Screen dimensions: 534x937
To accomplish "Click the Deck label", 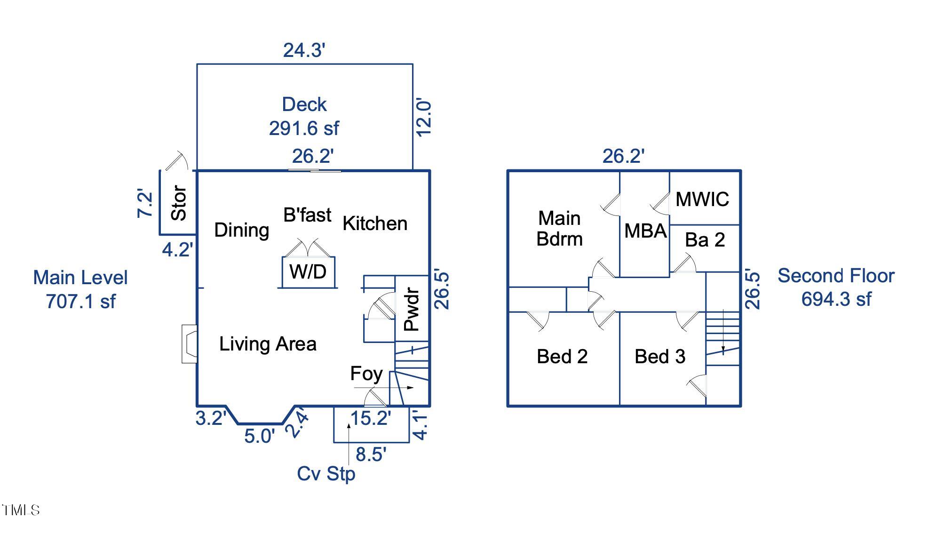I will pyautogui.click(x=304, y=104).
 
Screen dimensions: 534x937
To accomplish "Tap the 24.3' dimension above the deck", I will pyautogui.click(x=304, y=50).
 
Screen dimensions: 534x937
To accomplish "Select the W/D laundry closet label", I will pyautogui.click(x=308, y=271).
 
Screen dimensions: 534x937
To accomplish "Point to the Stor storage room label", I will pyautogui.click(x=179, y=203).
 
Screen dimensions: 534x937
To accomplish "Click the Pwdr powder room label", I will pyautogui.click(x=412, y=309).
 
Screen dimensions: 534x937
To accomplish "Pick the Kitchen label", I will pyautogui.click(x=375, y=223).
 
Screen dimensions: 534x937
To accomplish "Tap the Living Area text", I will pyautogui.click(x=268, y=344).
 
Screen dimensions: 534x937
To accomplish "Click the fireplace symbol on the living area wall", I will pyautogui.click(x=189, y=344).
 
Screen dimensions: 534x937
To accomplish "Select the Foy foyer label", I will pyautogui.click(x=366, y=374).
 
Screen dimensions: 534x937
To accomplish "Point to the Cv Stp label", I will pyautogui.click(x=326, y=474).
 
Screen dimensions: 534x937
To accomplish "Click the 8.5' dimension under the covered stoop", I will pyautogui.click(x=371, y=454).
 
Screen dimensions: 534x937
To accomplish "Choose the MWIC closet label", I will pyautogui.click(x=702, y=199).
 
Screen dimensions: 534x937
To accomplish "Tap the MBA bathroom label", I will pyautogui.click(x=645, y=231).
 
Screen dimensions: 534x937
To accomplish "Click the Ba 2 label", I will pyautogui.click(x=705, y=240).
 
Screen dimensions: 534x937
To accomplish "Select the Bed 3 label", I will pyautogui.click(x=660, y=357).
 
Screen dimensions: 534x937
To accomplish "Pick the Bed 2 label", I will pyautogui.click(x=562, y=357).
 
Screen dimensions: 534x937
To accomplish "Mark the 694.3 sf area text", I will pyautogui.click(x=836, y=299).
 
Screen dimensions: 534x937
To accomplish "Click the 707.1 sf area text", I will pyautogui.click(x=80, y=302).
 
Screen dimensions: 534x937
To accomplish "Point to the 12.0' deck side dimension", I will pyautogui.click(x=423, y=118).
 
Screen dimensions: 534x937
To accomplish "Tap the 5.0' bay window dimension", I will pyautogui.click(x=259, y=436).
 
